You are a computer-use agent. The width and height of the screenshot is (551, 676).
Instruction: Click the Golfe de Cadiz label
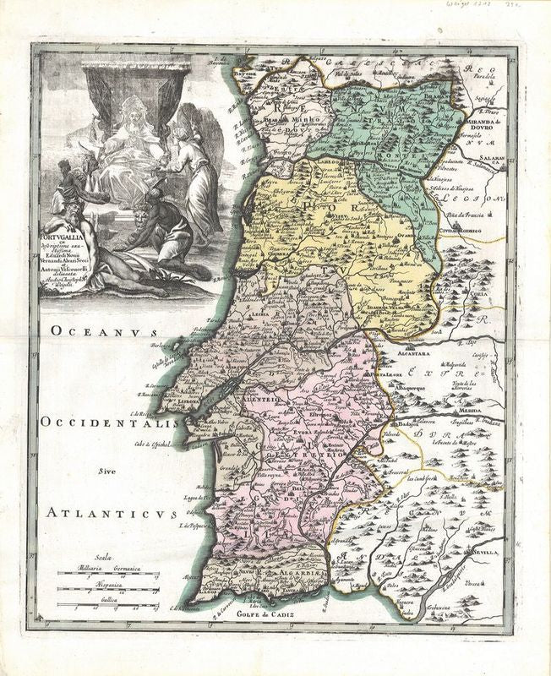tap(268, 614)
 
